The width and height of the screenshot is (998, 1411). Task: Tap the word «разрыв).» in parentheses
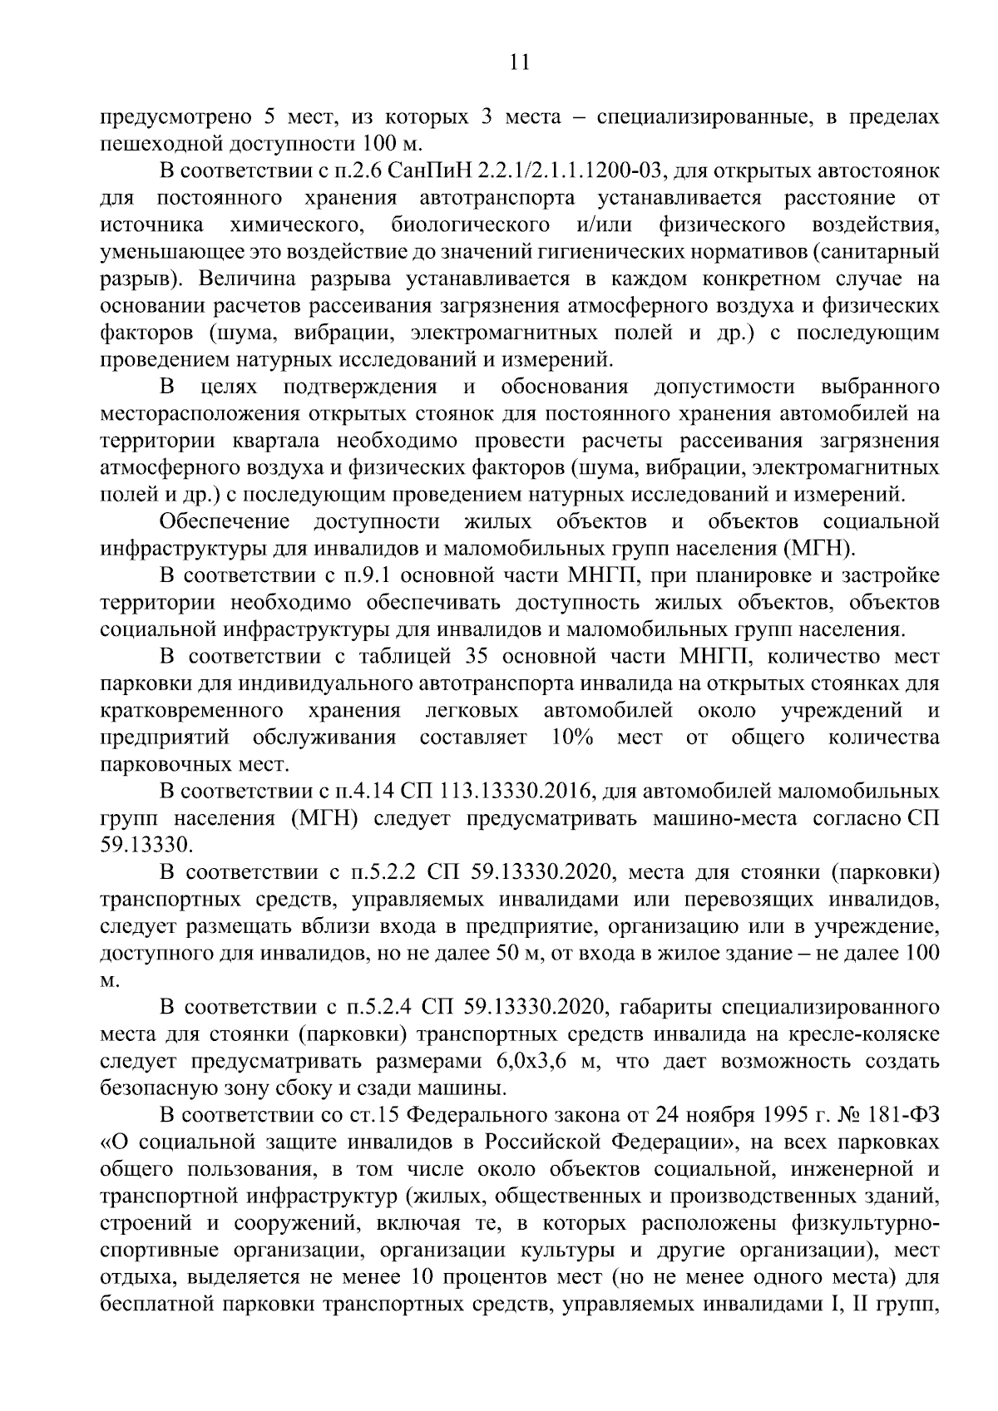136,279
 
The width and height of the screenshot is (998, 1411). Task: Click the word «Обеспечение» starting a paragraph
225,522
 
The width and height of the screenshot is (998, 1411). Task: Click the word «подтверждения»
360,387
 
